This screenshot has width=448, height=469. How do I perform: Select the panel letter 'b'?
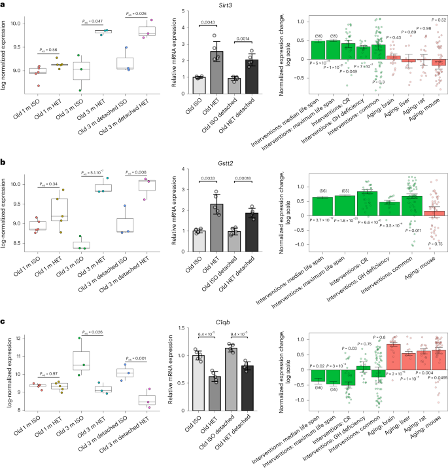coord(4,160)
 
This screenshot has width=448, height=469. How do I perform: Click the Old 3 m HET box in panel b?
coord(101,188)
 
